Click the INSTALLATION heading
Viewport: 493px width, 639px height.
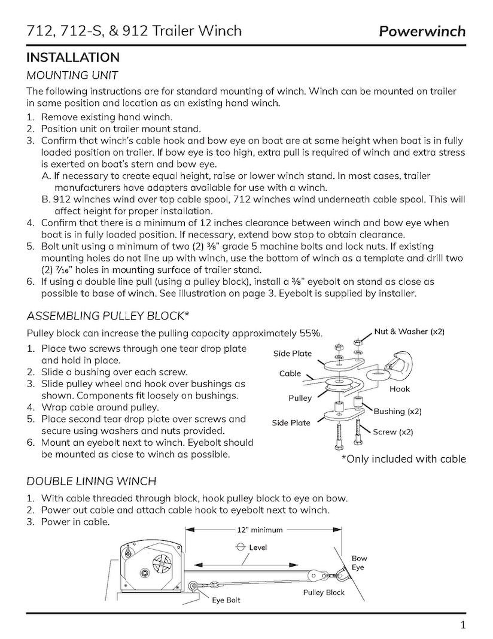[73, 58]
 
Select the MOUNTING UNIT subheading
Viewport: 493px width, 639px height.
[72, 75]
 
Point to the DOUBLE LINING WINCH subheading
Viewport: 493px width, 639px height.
[92, 481]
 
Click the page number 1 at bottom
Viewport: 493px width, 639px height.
[463, 626]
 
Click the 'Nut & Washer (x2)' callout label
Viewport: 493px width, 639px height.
[409, 331]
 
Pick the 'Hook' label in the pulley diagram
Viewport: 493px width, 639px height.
[400, 389]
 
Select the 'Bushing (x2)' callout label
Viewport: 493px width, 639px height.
[397, 411]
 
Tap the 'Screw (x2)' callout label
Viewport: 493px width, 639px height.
[392, 431]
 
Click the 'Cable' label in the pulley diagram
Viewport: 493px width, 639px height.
[290, 373]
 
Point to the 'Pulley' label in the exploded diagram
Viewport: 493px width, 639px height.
[300, 398]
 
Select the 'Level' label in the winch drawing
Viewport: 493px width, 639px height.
[258, 547]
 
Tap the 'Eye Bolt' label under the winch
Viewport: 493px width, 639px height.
[226, 600]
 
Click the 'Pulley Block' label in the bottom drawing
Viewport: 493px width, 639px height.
[324, 592]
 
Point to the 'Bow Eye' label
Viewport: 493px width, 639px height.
[359, 562]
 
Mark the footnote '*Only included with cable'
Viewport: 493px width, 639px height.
[403, 459]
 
